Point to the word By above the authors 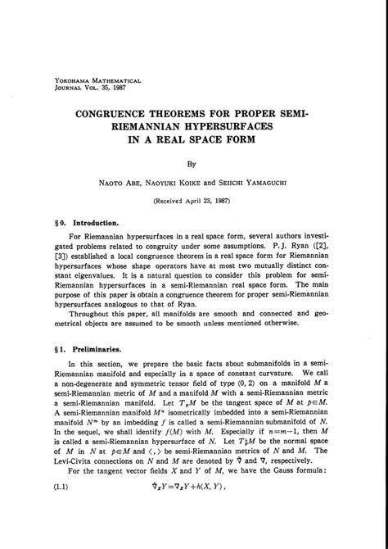[x=193, y=164]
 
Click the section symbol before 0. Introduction [x=47, y=222]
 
